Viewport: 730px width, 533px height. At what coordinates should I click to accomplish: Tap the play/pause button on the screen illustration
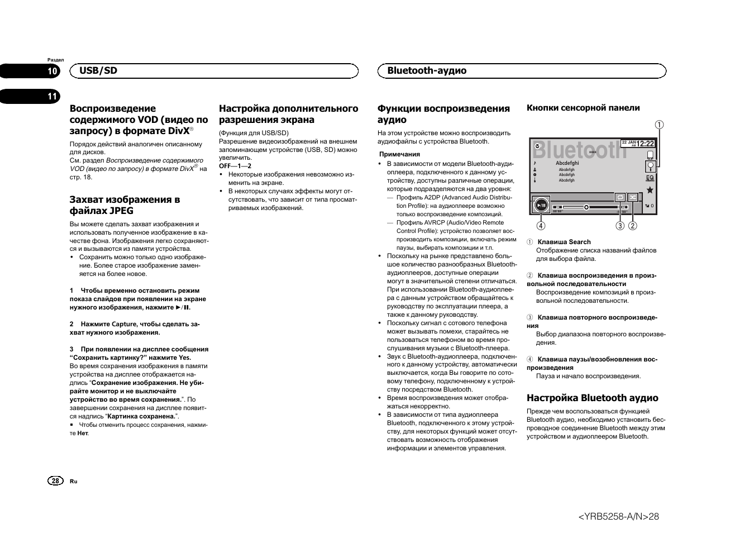(541, 205)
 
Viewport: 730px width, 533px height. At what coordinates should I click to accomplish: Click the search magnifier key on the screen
(650, 166)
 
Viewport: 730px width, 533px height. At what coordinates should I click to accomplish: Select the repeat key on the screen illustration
(620, 197)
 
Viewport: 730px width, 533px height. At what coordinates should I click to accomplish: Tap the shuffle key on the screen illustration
(633, 197)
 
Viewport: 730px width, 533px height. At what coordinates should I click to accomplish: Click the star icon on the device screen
(650, 190)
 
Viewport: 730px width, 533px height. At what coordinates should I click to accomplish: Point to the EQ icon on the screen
(650, 178)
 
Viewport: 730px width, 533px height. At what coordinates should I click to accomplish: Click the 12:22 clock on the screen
(645, 144)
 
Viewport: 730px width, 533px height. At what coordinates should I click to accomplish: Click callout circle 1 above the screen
(660, 125)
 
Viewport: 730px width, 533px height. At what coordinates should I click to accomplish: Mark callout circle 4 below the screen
(541, 226)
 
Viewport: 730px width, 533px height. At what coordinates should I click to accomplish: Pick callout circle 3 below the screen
(620, 226)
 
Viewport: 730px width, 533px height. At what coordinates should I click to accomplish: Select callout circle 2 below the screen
(633, 226)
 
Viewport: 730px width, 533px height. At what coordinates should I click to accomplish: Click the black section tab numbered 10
(51, 71)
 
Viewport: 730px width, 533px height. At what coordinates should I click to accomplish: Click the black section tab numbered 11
(51, 97)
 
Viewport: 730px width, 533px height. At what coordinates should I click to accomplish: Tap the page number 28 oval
(55, 481)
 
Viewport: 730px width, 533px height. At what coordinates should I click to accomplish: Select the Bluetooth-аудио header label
(427, 70)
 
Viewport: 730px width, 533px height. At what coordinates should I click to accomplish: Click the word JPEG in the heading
(121, 211)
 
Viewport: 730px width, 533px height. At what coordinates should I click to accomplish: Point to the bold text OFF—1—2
(235, 166)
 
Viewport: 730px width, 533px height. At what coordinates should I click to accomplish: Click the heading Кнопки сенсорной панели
(583, 108)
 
